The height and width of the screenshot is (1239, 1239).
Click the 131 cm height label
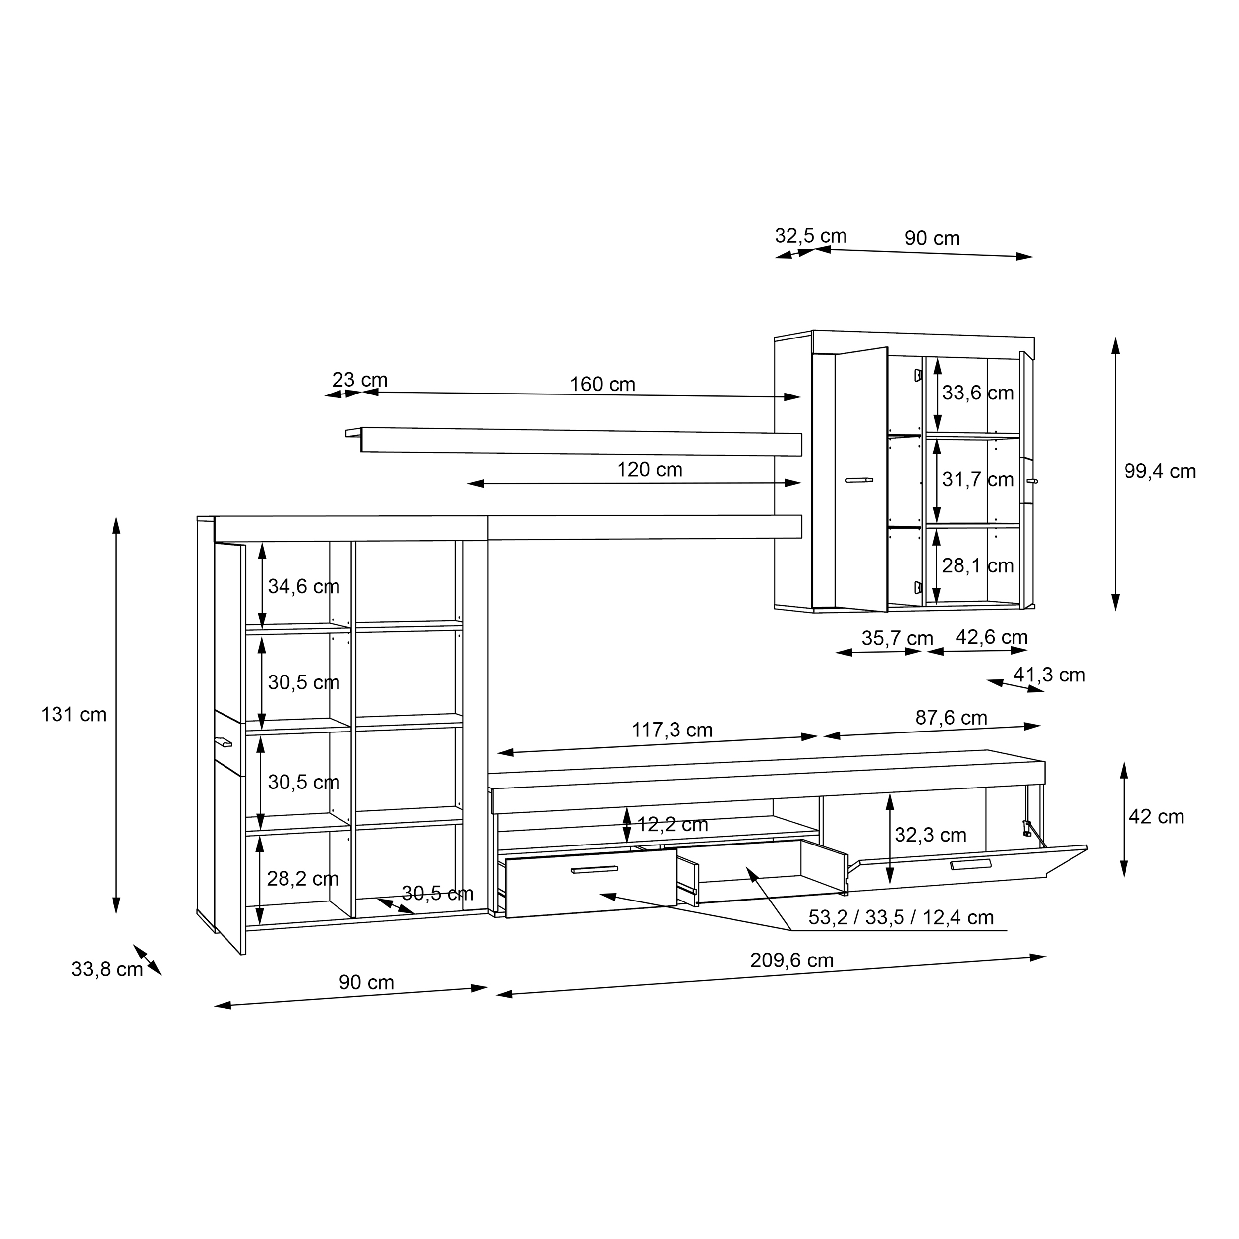(74, 715)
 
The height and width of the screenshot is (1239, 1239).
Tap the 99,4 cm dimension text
(1160, 471)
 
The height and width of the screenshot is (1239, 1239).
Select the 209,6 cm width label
(791, 960)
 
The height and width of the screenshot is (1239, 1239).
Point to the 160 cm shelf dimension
(602, 384)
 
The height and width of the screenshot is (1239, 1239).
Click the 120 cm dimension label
(649, 469)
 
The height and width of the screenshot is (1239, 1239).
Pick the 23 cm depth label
(359, 380)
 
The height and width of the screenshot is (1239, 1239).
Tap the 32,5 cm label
(811, 236)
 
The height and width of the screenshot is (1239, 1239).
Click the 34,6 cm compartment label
(303, 586)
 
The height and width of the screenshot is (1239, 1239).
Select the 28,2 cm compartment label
(303, 878)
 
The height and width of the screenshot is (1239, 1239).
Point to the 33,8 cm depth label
(107, 969)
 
